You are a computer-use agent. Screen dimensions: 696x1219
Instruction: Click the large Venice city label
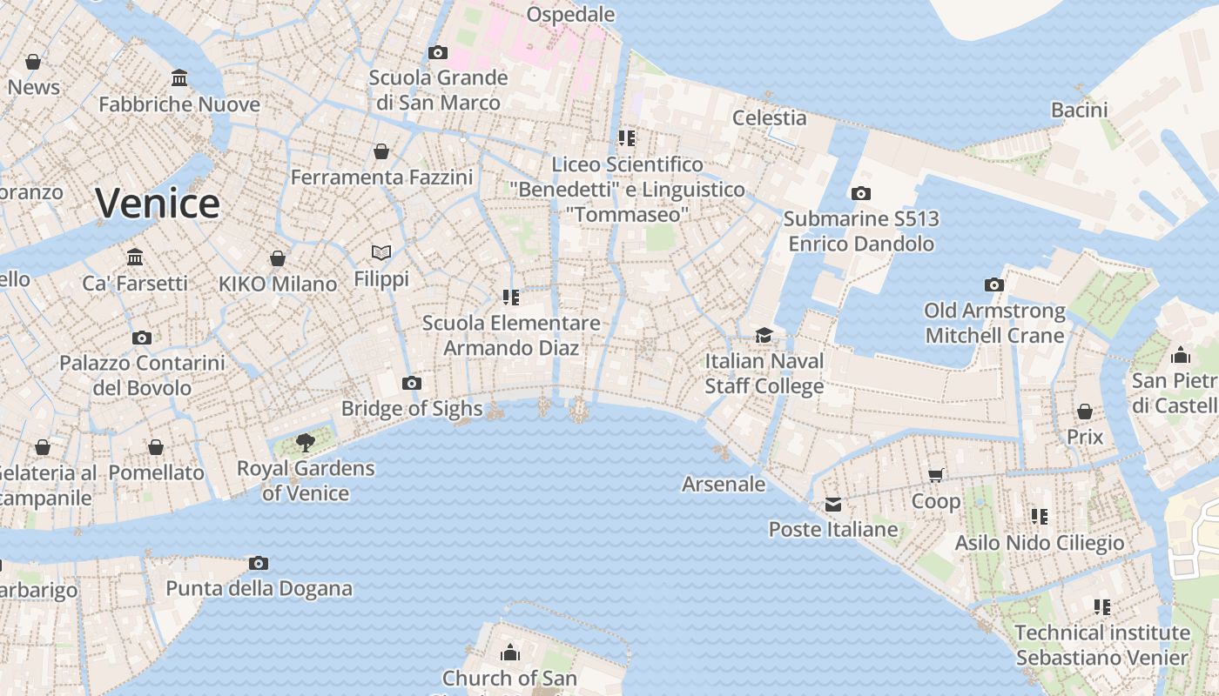click(158, 204)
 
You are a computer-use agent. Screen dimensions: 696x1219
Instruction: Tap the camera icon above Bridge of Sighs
click(412, 383)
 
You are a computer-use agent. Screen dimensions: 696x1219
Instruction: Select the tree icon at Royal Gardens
click(305, 443)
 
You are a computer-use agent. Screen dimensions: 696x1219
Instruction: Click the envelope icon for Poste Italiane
click(833, 505)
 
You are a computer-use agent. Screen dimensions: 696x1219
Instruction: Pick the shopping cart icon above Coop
click(936, 475)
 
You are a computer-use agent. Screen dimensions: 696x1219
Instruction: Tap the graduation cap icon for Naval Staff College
click(764, 335)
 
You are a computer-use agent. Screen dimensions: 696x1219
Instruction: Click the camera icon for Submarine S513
click(861, 193)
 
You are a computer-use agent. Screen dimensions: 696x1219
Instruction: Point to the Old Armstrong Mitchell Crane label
click(994, 323)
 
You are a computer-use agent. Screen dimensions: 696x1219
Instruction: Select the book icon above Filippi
click(381, 252)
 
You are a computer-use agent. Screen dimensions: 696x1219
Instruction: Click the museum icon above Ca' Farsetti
click(135, 258)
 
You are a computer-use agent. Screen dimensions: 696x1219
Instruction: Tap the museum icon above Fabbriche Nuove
click(179, 78)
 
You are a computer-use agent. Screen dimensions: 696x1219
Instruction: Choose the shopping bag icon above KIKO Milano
click(278, 258)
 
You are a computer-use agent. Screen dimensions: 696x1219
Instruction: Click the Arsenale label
click(724, 485)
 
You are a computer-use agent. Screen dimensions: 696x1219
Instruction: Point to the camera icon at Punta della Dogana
click(259, 563)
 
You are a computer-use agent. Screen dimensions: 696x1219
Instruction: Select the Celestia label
click(769, 117)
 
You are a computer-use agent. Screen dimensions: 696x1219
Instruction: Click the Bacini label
click(1079, 110)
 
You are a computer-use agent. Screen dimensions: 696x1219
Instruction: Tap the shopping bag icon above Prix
click(1085, 411)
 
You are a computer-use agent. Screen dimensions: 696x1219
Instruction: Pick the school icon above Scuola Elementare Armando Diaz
click(511, 298)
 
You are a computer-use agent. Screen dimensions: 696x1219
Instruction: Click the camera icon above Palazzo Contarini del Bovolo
click(142, 338)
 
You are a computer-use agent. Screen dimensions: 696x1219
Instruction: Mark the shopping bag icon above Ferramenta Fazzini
click(381, 151)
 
